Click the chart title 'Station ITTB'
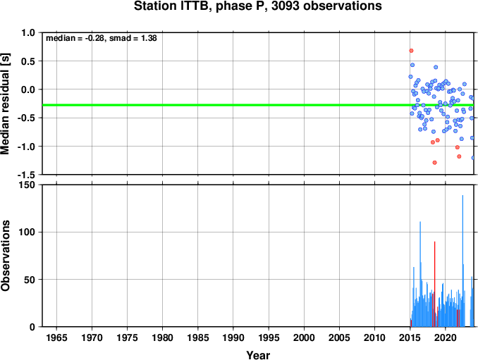173,6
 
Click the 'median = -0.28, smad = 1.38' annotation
102,38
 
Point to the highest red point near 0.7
411,51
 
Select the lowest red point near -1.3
435,163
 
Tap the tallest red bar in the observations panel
435,284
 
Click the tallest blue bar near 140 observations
462,261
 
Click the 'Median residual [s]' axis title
5,104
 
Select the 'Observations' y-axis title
5,255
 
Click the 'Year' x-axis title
258,355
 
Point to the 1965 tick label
56,337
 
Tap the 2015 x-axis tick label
410,337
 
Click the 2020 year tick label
446,337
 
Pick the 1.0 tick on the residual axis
28,32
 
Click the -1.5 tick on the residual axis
26,175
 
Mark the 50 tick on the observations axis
30,280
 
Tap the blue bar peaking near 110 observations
420,274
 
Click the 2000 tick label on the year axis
304,337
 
